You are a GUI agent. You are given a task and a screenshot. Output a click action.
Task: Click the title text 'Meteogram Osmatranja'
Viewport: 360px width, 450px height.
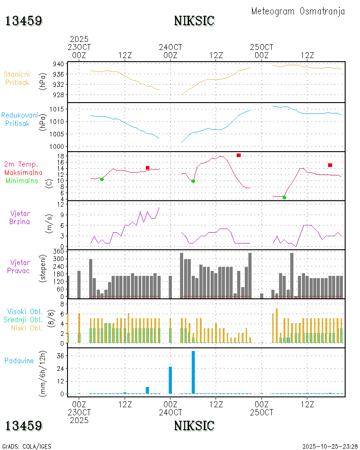[298, 12]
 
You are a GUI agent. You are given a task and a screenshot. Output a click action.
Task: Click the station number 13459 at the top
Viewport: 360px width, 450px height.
[24, 21]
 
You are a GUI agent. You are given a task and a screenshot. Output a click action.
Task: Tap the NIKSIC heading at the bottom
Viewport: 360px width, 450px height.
[194, 425]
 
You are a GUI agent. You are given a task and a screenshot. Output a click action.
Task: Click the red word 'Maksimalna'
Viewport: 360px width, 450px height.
[23, 172]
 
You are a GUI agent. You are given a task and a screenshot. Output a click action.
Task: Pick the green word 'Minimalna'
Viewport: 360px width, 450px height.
[22, 180]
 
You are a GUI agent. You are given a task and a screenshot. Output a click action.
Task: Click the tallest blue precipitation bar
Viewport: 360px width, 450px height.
[193, 372]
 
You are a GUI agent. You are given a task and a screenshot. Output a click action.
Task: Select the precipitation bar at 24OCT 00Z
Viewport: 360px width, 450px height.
[171, 380]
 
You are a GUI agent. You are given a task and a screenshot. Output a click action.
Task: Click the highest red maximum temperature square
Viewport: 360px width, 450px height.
[238, 155]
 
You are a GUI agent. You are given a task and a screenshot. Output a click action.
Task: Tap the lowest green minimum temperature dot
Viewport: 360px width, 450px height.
[284, 198]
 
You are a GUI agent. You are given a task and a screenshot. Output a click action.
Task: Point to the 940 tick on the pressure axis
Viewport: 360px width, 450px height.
[58, 64]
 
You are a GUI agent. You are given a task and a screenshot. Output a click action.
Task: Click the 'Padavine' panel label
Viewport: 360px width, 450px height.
[19, 360]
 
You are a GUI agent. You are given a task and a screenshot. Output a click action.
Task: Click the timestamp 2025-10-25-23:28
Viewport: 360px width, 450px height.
[329, 446]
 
